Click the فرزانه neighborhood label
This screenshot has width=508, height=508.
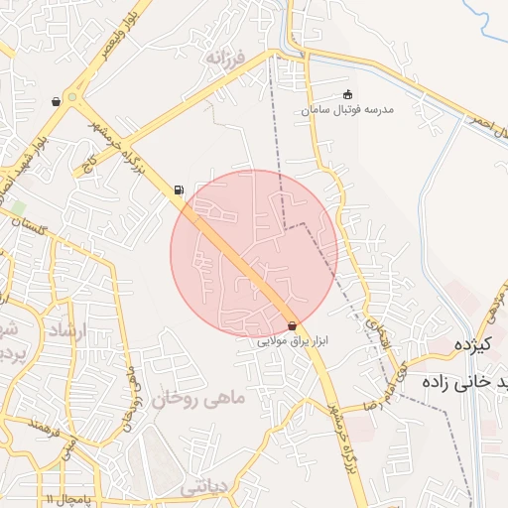(226, 59)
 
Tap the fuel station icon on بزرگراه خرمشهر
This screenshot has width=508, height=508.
(178, 189)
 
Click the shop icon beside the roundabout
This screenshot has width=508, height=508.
(56, 101)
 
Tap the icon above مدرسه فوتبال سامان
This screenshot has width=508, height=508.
(346, 94)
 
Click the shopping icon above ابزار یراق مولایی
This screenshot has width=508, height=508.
(292, 325)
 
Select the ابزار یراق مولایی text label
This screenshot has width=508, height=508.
(292, 340)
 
